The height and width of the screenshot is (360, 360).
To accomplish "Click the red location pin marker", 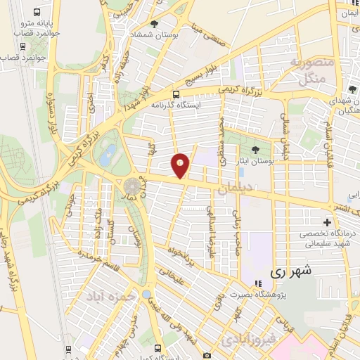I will point(181,165).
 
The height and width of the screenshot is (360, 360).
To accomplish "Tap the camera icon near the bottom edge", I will point(206,356).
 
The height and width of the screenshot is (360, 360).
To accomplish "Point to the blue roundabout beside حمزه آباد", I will point(146,295).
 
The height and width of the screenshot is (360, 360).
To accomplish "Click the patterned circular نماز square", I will point(132,187).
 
